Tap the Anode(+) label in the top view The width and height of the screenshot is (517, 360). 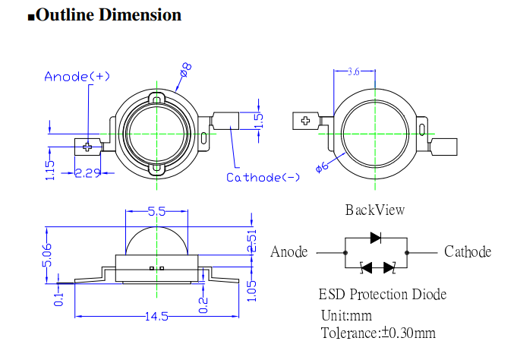pos(77,76)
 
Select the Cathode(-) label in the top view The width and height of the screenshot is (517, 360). pos(263,178)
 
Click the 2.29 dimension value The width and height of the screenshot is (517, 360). pos(88,173)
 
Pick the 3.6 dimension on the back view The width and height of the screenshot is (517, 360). pos(353,72)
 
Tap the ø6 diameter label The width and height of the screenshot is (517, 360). pos(321,166)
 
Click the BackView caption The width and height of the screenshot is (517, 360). pos(375,210)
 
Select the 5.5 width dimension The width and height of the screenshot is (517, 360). pos(156,212)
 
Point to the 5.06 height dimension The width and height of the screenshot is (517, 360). pos(47,254)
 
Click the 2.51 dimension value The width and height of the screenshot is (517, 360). pos(253,239)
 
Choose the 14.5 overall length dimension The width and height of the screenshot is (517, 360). pos(156,317)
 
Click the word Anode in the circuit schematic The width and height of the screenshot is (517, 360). pos(289,252)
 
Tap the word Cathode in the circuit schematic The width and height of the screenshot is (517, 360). pos(468,252)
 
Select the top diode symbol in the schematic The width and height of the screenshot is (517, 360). pos(376,237)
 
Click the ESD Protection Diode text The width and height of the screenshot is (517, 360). pos(382,294)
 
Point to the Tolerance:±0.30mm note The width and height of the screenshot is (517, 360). pos(378,333)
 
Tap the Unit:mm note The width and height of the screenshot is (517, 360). pos(346,314)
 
